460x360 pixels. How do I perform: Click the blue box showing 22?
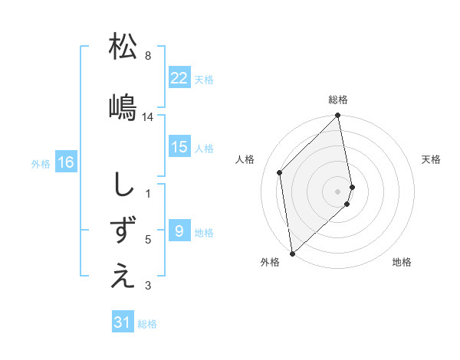click(179, 78)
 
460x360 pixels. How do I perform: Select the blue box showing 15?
click(179, 147)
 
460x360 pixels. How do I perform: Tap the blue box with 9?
click(179, 231)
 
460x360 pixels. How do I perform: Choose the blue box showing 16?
click(65, 162)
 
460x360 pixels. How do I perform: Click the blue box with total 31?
click(122, 322)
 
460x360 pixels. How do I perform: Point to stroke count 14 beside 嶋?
click(148, 117)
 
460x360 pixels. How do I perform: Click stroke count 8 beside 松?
click(147, 56)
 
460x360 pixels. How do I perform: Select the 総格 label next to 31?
click(147, 324)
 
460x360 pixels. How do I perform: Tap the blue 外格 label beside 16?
click(40, 163)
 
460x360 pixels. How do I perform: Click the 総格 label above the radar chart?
click(337, 100)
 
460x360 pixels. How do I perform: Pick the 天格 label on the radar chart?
click(432, 159)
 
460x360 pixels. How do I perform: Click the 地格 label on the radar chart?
click(402, 262)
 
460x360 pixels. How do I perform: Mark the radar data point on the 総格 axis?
click(337, 116)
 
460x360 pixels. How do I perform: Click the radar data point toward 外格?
click(292, 253)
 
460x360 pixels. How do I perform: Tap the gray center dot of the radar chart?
click(337, 191)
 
